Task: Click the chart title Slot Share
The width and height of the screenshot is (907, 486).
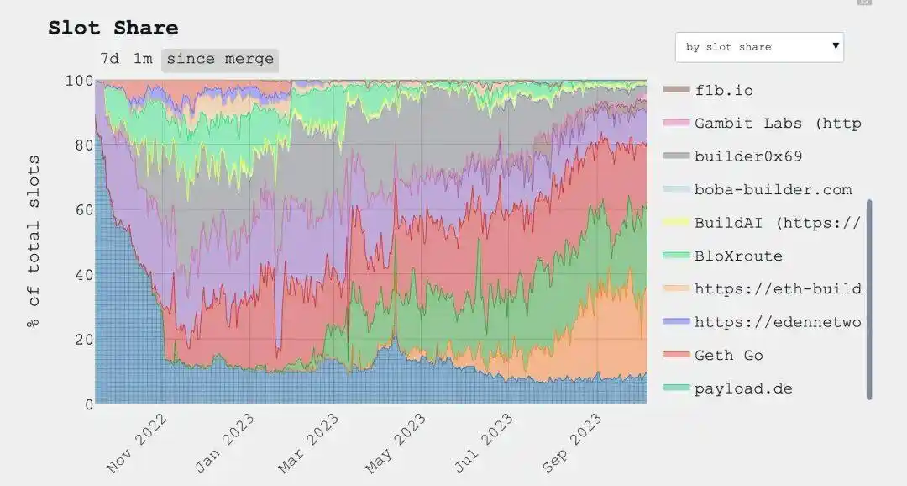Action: (x=113, y=28)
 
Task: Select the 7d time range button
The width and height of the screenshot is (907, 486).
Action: (x=109, y=60)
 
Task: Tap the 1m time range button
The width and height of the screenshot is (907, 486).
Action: (x=143, y=60)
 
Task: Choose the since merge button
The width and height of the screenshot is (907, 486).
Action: (x=220, y=60)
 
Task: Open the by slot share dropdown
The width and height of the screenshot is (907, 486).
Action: (x=759, y=47)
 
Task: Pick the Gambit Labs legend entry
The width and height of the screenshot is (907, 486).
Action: (x=777, y=123)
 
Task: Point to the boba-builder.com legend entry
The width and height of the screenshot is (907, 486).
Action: (x=773, y=189)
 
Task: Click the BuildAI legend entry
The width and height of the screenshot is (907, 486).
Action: (x=777, y=223)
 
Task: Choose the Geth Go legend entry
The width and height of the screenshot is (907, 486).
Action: (x=728, y=356)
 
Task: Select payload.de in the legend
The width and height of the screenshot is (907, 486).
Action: (x=743, y=388)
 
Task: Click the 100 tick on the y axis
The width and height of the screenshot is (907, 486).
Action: (x=77, y=82)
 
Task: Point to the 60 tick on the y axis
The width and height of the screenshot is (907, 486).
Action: (x=81, y=210)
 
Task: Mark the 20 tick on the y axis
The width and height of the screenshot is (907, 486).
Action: (x=81, y=340)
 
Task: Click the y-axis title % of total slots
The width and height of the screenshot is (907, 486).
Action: (x=34, y=241)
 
